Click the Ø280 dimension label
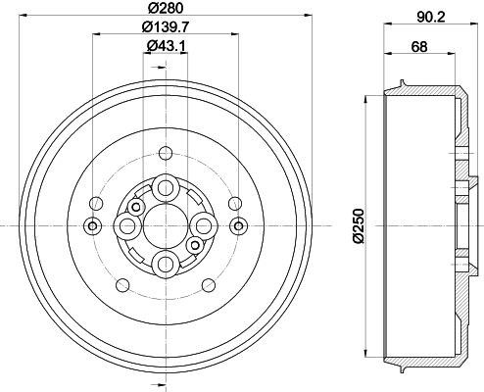166,8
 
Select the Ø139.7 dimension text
166,26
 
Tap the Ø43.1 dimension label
166,46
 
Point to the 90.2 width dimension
431,18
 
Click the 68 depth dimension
419,47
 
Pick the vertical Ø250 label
359,225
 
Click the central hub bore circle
166,225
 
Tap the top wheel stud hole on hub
166,188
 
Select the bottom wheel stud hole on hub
166,264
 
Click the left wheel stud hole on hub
127,225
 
